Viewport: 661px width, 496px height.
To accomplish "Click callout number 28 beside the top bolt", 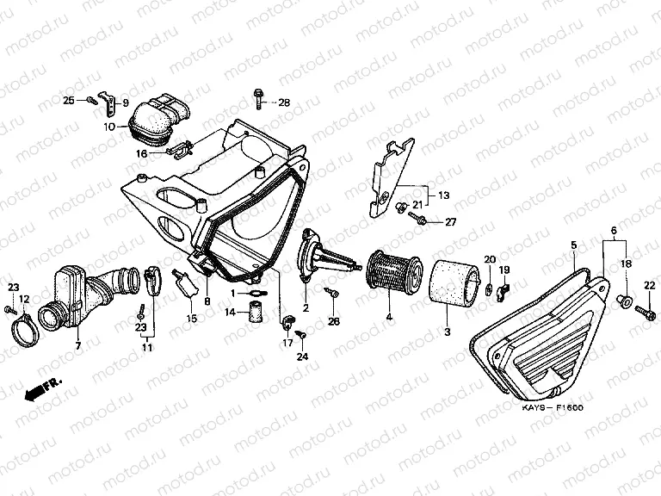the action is coord(284,102).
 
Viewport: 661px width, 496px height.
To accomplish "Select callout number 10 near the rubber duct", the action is coord(109,126).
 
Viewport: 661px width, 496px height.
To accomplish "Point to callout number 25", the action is coord(69,101).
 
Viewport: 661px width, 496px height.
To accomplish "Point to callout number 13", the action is coord(443,195).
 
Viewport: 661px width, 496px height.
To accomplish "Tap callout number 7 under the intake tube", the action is coord(77,345).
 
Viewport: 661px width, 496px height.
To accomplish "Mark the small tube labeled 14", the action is coord(255,313).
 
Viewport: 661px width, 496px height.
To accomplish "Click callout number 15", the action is coord(191,319).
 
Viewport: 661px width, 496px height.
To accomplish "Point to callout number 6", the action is coord(614,231).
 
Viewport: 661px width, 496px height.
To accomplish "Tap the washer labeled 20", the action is coord(488,288).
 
